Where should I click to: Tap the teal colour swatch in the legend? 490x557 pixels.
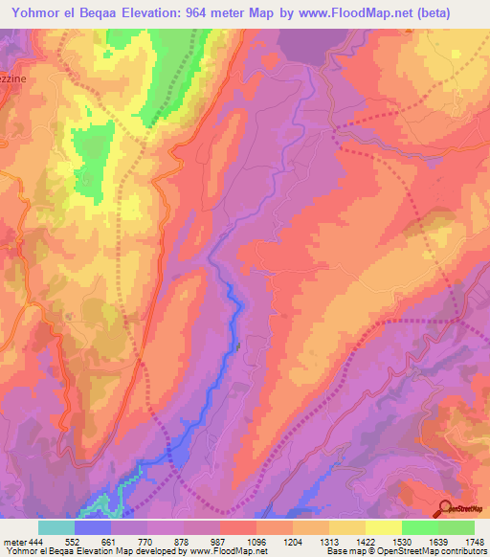pyautogui.click(x=56, y=526)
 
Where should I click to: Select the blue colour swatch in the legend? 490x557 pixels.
pyautogui.click(x=93, y=526)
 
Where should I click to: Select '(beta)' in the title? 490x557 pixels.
pyautogui.click(x=449, y=12)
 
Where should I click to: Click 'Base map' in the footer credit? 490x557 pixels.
pyautogui.click(x=345, y=551)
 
